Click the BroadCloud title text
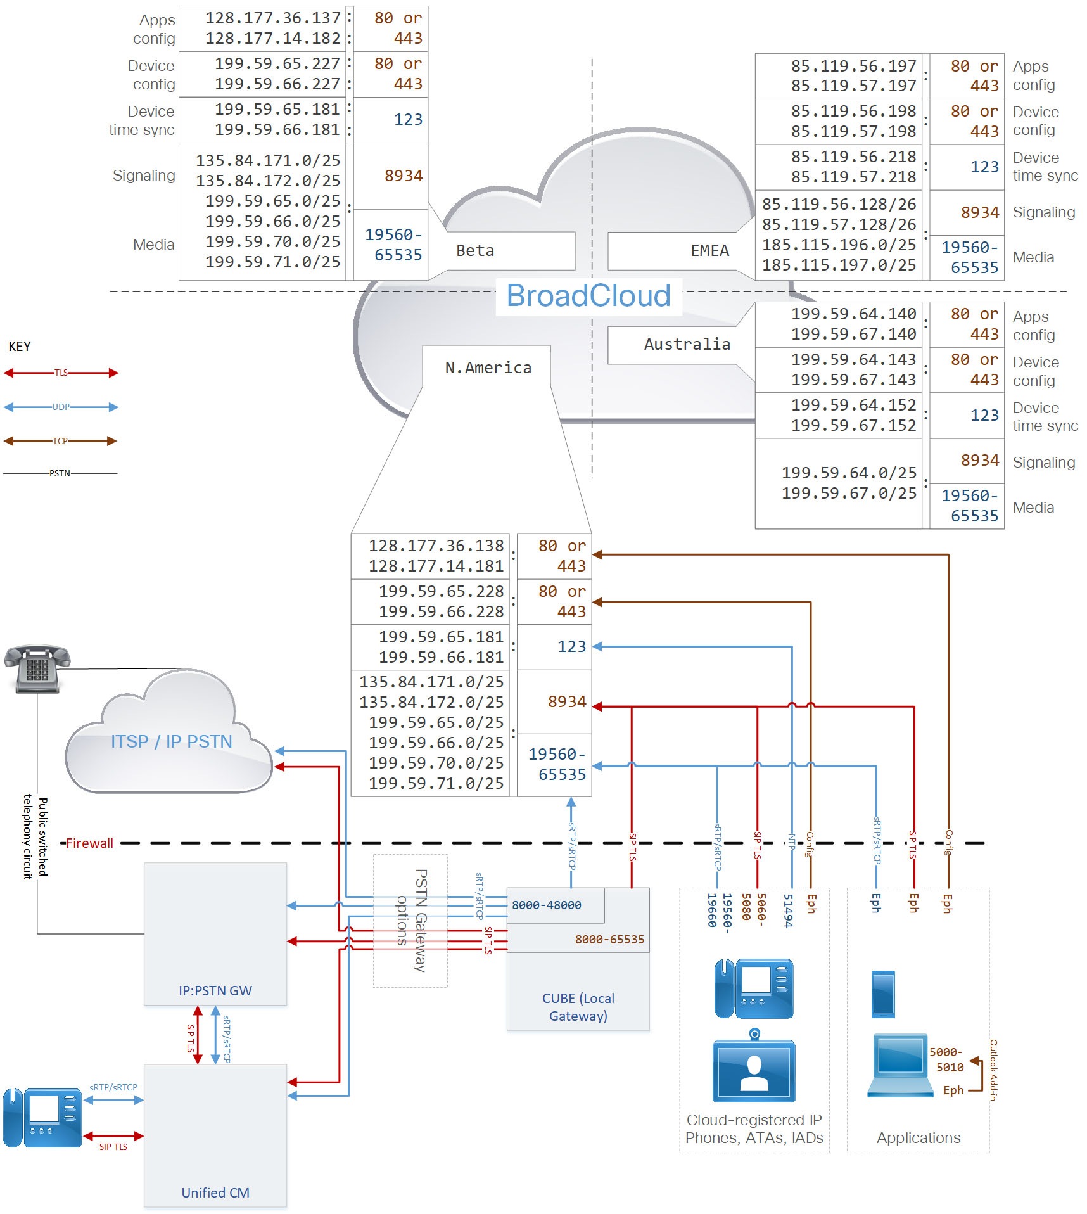pos(588,296)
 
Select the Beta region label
pos(475,250)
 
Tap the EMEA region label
pos(709,250)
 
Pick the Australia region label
pos(687,344)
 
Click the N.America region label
pos(488,367)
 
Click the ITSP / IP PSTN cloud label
pos(171,741)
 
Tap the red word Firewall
pos(89,843)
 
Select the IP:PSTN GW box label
pos(215,990)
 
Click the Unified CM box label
pos(215,1192)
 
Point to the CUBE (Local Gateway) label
pos(578,1007)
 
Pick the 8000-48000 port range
pos(546,905)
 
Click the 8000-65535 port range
pos(609,939)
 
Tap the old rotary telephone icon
pos(37,668)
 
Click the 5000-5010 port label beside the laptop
pos(946,1059)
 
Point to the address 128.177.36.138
pos(436,546)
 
